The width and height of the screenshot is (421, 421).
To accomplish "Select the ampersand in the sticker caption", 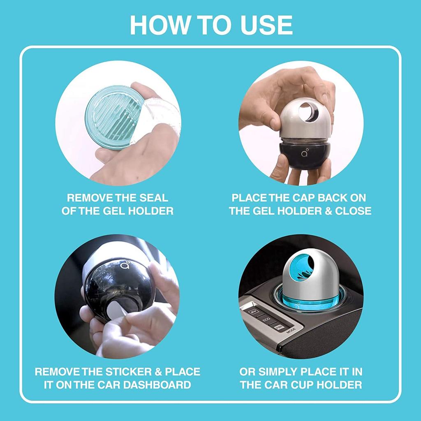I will click(158, 372).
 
